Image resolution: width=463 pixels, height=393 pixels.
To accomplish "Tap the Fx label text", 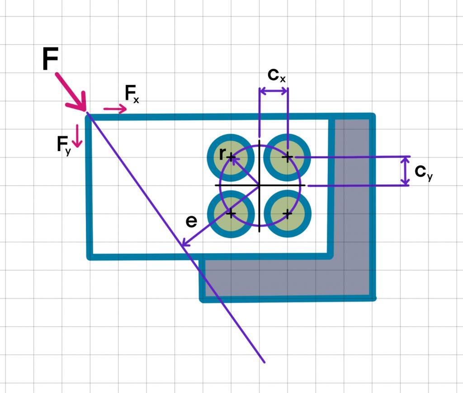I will pos(131,95).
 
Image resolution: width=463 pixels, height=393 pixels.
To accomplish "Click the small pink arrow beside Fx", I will pos(115,109).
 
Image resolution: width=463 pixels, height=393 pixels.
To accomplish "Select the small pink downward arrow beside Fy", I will pos(77,136).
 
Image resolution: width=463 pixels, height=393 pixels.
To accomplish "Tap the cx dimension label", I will pos(276,75).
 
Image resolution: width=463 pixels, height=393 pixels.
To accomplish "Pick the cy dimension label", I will pos(423,172).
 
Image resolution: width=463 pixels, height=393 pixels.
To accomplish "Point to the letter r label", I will pos(222,154).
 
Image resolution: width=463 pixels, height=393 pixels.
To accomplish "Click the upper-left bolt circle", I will pos(230,157).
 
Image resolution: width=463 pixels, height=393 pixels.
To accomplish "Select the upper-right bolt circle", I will pos(287,157).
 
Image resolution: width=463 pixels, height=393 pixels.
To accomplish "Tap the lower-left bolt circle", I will pos(230,213).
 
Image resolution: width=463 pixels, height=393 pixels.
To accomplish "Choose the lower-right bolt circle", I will pos(287,213).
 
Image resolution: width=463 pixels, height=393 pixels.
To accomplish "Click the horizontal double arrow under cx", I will pos(273,91).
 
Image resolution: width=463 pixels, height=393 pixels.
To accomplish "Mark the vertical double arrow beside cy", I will pos(406,171).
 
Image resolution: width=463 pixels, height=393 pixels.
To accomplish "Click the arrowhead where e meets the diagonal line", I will pos(184,245).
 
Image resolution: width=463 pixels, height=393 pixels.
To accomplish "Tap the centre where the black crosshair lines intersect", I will pos(259,185).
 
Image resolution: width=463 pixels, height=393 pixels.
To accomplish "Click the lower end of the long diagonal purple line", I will pos(264,362).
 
